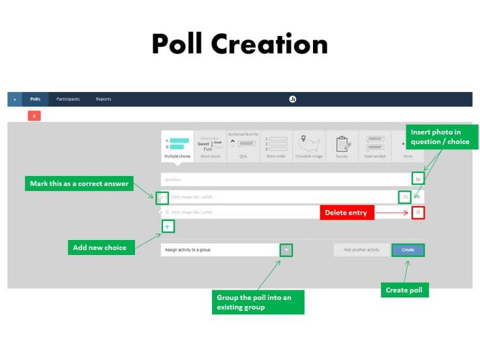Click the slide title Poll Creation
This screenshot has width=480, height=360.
239,44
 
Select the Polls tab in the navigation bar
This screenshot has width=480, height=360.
35,99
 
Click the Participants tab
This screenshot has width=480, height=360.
68,99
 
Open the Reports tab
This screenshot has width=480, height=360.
103,99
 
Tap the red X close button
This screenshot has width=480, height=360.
35,115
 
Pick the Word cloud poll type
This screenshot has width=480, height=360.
210,146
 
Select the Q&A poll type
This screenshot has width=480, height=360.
243,146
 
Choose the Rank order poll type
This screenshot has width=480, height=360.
277,146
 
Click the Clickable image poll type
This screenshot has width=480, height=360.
310,146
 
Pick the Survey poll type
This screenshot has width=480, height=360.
342,146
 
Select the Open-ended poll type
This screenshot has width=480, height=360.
375,146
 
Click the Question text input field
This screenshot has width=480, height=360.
284,179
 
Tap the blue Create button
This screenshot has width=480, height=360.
408,250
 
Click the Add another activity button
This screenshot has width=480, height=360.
361,250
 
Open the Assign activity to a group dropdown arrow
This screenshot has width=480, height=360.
286,250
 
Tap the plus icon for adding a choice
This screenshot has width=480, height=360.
167,226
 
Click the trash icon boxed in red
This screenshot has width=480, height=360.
418,213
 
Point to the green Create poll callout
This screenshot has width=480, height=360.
404,290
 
